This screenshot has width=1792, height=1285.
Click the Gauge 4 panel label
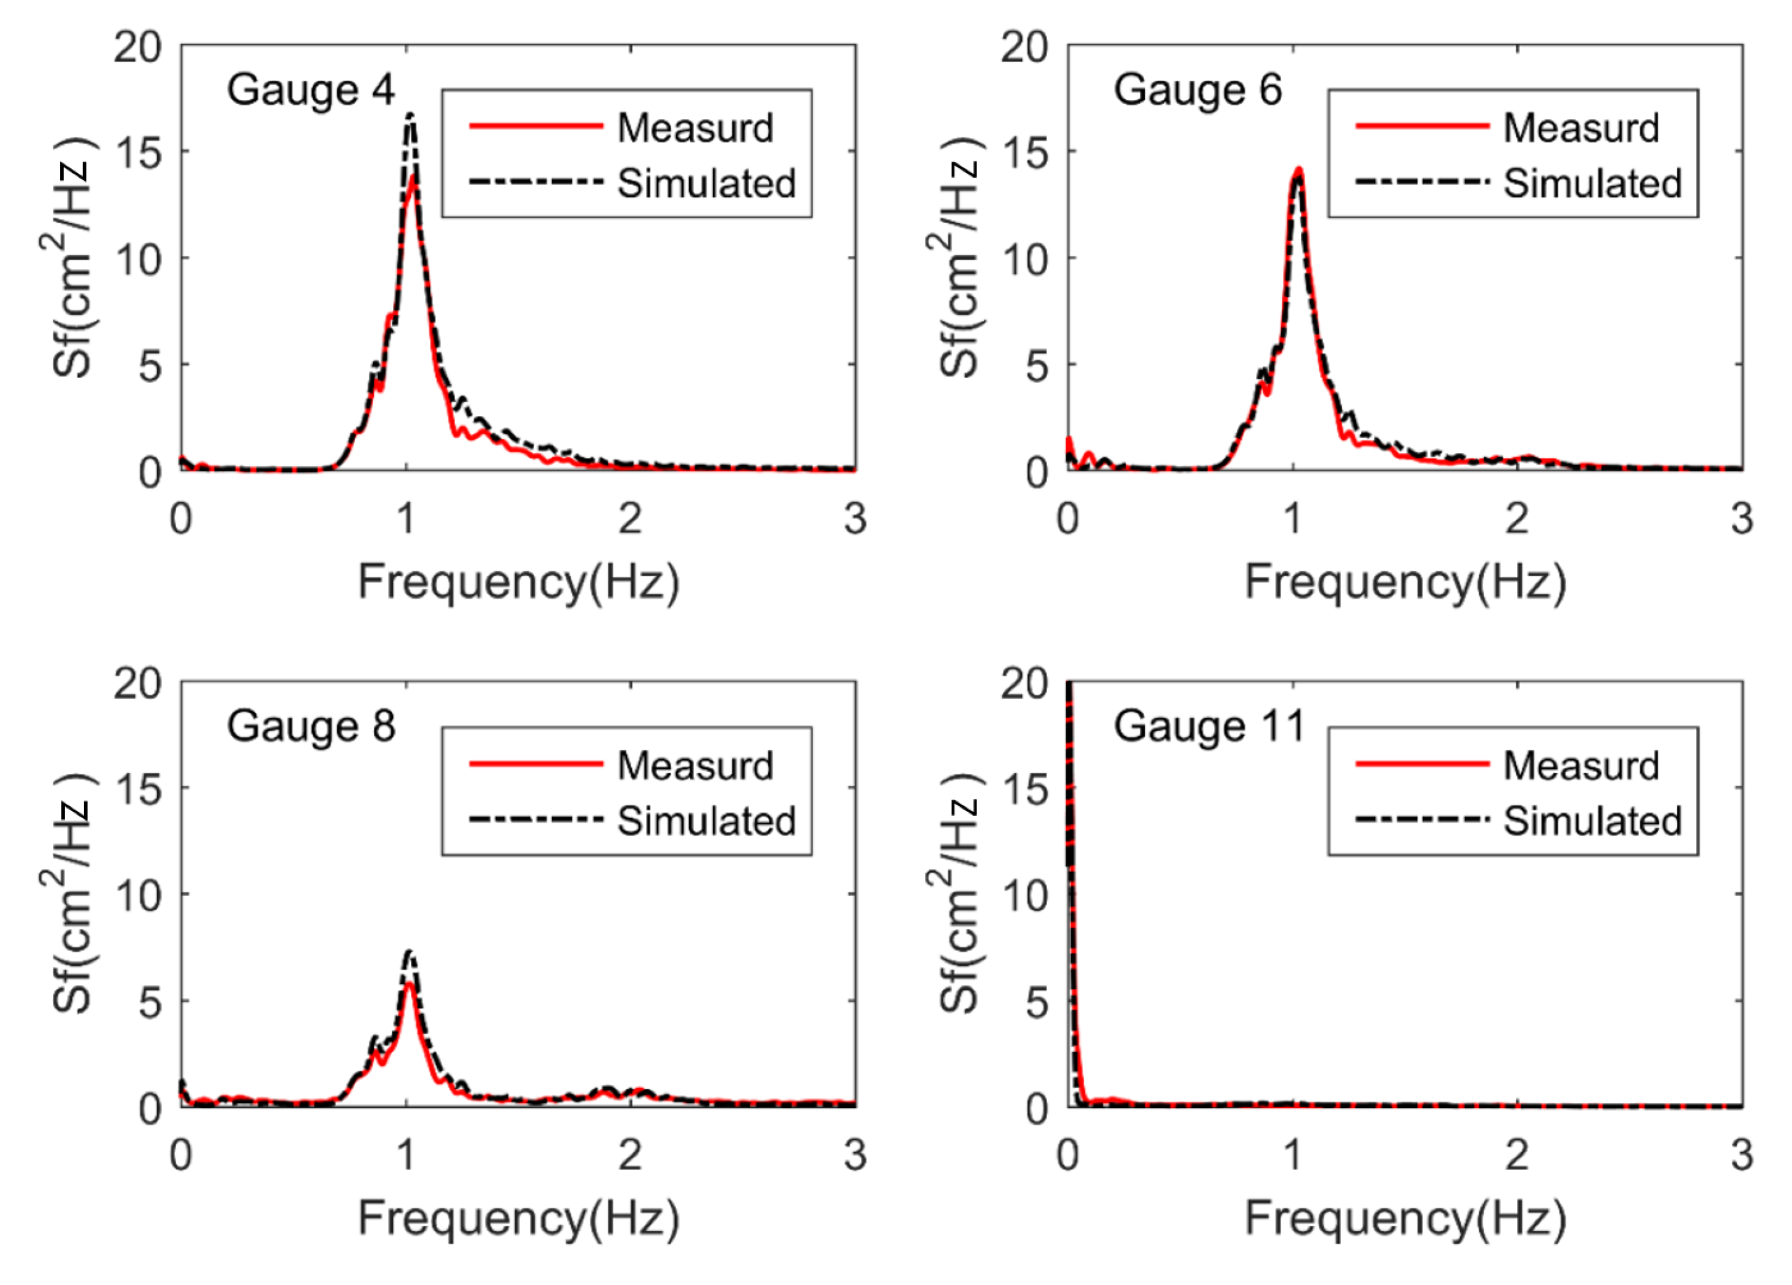310,89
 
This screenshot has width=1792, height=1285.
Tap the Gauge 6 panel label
1197,89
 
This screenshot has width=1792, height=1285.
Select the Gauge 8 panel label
310,725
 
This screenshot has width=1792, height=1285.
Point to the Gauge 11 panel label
1209,725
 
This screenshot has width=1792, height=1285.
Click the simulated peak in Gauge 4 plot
410,116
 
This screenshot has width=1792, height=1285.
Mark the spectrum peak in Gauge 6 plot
1297,171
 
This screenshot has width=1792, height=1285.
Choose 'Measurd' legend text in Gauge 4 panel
695,128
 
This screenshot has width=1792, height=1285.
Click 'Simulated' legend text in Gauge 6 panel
1592,183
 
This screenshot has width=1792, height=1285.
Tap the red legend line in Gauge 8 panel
536,764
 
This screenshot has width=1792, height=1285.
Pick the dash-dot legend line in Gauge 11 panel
1422,819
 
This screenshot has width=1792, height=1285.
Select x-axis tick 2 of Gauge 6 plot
1516,518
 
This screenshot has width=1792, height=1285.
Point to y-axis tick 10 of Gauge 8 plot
138,895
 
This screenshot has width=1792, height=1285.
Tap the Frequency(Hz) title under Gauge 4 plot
518,583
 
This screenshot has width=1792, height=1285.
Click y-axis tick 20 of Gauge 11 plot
1024,684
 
